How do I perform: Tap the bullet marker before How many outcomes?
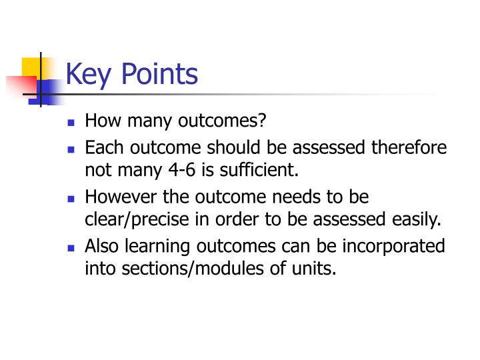click(72, 123)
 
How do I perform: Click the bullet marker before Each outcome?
click(72, 149)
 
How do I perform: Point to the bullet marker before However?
click(72, 199)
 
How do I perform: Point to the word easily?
click(418, 219)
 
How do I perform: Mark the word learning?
click(160, 247)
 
